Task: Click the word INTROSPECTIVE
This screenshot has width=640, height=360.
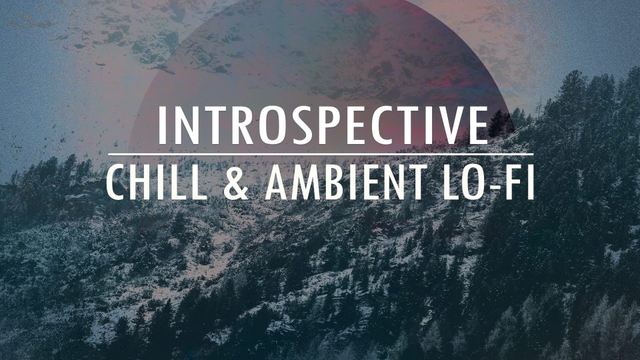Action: coord(323,125)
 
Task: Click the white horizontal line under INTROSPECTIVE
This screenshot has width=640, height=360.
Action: coord(320,155)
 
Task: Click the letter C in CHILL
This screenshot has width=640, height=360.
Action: coord(118,181)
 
